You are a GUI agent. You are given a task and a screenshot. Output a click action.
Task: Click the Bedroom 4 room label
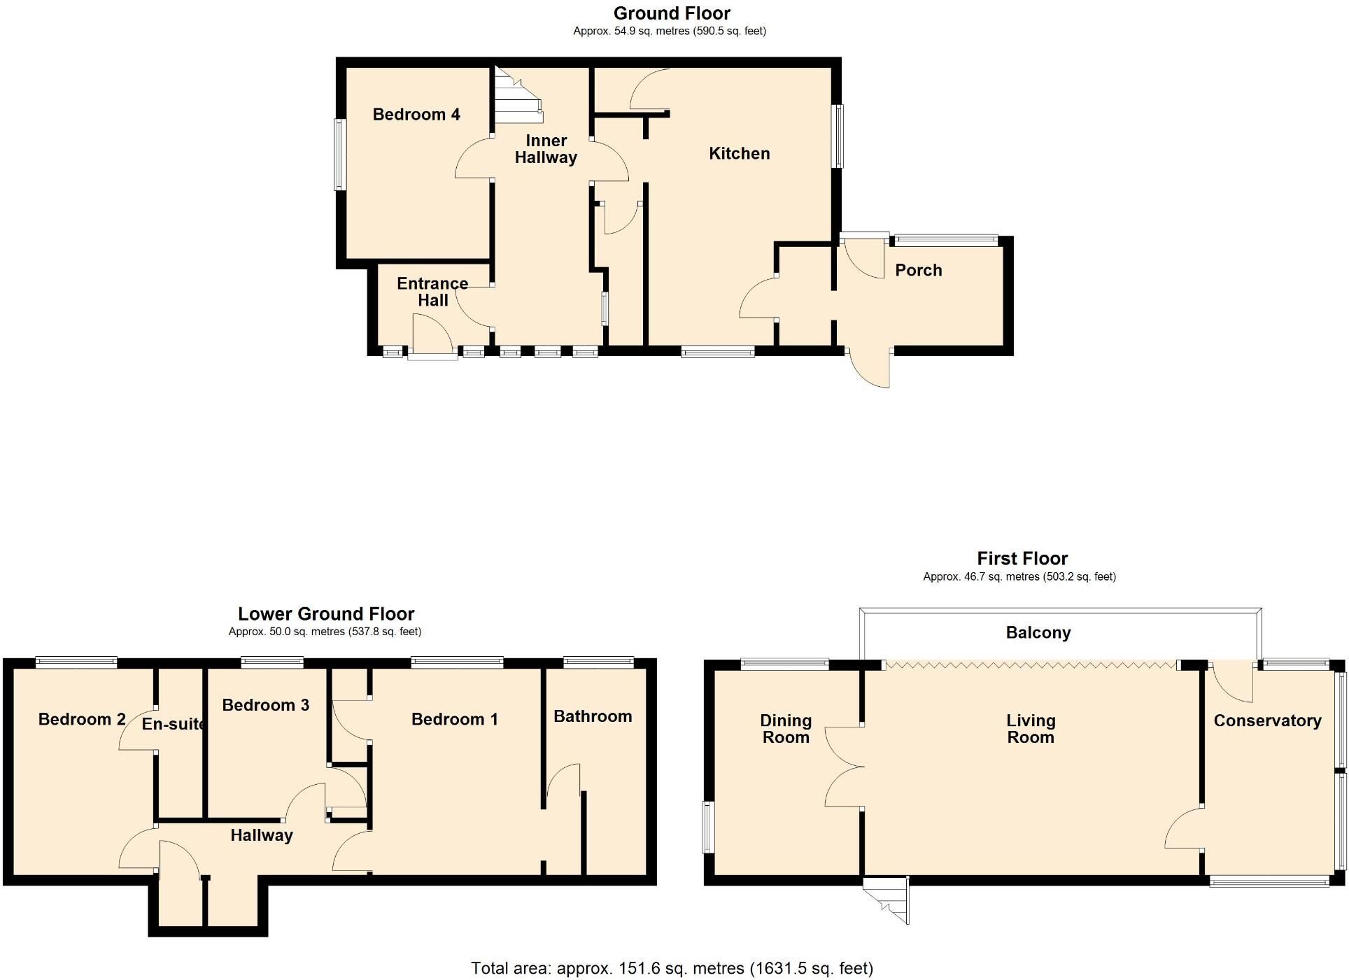click(416, 115)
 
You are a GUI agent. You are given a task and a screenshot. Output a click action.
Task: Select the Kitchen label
click(739, 154)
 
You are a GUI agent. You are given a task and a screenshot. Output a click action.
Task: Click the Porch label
click(918, 271)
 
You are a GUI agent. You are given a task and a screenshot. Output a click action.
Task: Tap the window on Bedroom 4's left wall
click(340, 154)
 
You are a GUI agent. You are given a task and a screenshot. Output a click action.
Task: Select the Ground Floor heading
click(671, 13)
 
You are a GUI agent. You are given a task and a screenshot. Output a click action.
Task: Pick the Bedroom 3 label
click(265, 705)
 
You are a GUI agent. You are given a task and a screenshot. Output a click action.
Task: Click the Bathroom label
click(592, 716)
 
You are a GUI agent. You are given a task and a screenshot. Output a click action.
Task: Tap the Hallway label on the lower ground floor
click(261, 835)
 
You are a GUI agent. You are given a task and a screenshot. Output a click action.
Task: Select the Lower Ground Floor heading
click(326, 614)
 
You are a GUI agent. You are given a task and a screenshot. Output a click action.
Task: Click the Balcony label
click(1038, 633)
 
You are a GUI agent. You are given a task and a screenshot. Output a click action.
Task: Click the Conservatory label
click(1266, 721)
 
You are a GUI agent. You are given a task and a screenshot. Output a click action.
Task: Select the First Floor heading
click(1022, 559)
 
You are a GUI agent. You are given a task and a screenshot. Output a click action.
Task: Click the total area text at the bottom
click(671, 968)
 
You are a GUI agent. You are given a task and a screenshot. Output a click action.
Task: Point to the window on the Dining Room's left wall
click(708, 828)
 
